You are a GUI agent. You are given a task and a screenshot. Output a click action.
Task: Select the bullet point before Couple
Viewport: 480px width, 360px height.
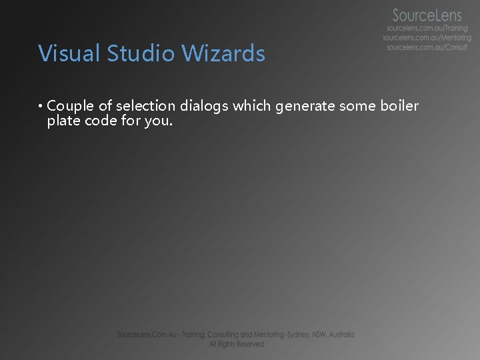click(x=41, y=106)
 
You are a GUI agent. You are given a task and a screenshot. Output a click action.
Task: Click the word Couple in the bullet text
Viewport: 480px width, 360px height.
click(x=71, y=105)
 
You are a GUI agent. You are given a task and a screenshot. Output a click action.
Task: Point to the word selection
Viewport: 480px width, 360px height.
click(x=146, y=105)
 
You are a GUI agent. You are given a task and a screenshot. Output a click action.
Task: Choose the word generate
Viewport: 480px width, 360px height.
click(x=305, y=106)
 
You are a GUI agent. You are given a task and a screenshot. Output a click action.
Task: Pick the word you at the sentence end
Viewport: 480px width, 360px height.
click(x=160, y=121)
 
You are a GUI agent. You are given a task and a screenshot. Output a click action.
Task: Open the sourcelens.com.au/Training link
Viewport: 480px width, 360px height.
click(x=427, y=29)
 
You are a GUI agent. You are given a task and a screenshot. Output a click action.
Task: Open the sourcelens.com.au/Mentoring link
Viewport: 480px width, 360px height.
click(x=427, y=38)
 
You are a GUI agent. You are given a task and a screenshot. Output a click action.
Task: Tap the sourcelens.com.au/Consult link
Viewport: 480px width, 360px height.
click(x=427, y=48)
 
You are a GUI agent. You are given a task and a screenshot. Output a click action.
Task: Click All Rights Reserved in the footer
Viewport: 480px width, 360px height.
click(x=237, y=344)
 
